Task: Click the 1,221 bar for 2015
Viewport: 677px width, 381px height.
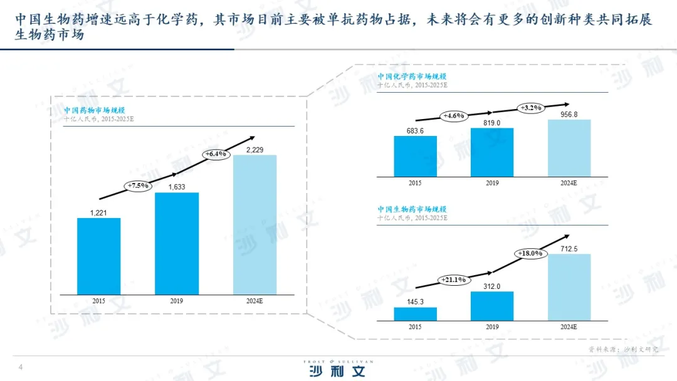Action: pyautogui.click(x=99, y=256)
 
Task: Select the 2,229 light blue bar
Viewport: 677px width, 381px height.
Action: pyautogui.click(x=255, y=224)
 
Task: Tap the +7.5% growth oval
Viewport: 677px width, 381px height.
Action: pyautogui.click(x=139, y=185)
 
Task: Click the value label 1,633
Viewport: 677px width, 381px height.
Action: pyautogui.click(x=176, y=186)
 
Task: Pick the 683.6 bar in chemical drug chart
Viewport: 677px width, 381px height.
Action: pyautogui.click(x=415, y=156)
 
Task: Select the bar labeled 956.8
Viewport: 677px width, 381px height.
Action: pyautogui.click(x=569, y=148)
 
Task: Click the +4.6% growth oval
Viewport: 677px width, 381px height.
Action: pyautogui.click(x=453, y=116)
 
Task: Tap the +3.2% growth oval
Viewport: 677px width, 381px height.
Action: pyautogui.click(x=530, y=108)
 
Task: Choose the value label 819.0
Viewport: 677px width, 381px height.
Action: pyautogui.click(x=492, y=123)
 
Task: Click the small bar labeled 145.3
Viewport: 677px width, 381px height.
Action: pyautogui.click(x=415, y=314)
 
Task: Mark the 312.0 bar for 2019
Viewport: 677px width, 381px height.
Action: pyautogui.click(x=492, y=306)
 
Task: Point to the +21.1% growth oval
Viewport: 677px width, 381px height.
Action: pyautogui.click(x=453, y=279)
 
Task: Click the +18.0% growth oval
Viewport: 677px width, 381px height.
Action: pyautogui.click(x=530, y=253)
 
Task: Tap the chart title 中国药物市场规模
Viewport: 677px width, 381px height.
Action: pyautogui.click(x=88, y=110)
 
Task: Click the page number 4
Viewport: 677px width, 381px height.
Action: pyautogui.click(x=21, y=367)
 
